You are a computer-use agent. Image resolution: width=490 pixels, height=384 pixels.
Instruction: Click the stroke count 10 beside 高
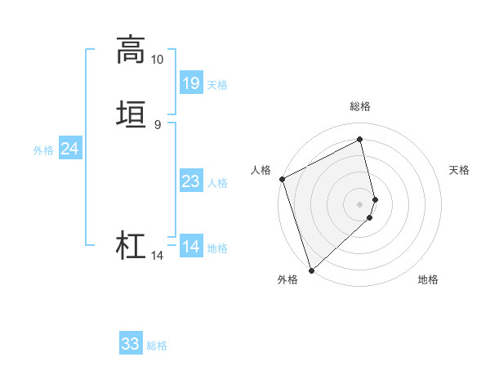click(x=157, y=60)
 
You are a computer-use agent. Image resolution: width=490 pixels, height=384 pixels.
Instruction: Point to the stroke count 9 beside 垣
click(x=157, y=124)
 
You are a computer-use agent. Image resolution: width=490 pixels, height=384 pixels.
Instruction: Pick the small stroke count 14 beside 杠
click(x=157, y=256)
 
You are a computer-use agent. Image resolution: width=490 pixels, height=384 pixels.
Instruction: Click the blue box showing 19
click(x=191, y=83)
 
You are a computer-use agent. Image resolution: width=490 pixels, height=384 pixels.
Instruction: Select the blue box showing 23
click(x=191, y=181)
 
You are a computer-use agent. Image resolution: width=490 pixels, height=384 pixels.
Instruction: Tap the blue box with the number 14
click(x=191, y=247)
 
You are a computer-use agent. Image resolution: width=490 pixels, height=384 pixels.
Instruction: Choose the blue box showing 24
click(x=70, y=149)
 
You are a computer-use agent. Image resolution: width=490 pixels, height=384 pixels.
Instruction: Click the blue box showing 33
click(x=131, y=344)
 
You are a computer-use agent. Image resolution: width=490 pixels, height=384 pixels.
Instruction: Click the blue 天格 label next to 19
click(x=217, y=85)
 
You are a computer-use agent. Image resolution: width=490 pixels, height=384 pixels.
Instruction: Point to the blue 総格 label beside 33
click(x=157, y=346)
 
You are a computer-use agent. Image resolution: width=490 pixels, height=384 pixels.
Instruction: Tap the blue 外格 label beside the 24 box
click(x=43, y=150)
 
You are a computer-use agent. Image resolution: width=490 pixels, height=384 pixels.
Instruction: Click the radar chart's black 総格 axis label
click(x=360, y=107)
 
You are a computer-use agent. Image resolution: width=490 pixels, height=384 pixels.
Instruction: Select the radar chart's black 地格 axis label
click(x=428, y=280)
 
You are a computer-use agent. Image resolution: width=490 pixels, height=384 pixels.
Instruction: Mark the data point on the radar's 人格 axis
click(x=282, y=179)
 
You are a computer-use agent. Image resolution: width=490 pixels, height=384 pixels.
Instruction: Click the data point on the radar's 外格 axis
click(x=310, y=270)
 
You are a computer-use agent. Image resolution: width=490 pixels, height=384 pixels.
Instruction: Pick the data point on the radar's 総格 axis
click(x=360, y=140)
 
